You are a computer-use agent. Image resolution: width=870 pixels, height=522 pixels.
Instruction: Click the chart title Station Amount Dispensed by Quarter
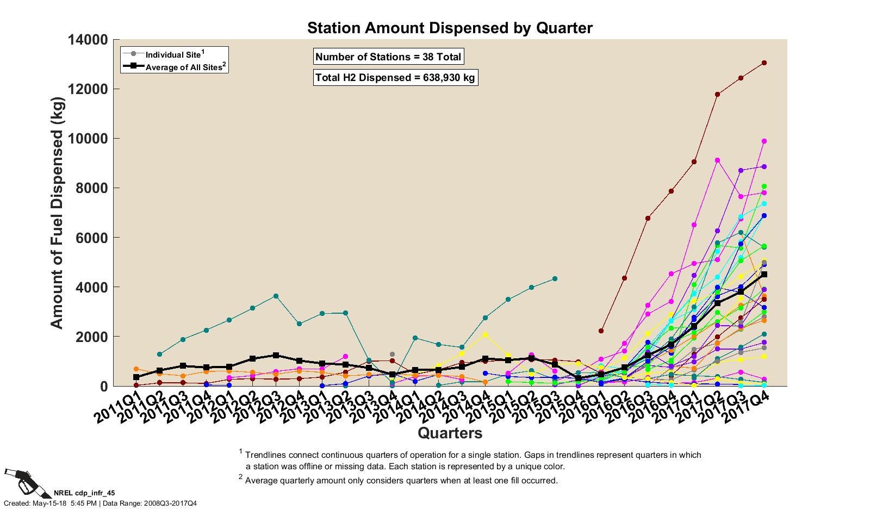pos(450,28)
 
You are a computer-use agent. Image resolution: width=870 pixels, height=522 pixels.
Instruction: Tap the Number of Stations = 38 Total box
pos(388,57)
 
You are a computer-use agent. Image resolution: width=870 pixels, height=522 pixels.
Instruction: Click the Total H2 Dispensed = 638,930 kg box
pos(395,78)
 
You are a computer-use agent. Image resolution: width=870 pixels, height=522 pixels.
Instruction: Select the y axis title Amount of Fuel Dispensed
pos(57,213)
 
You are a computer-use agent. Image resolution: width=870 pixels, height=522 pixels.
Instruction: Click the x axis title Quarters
pos(450,433)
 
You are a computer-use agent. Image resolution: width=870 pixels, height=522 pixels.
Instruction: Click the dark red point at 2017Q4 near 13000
pos(764,63)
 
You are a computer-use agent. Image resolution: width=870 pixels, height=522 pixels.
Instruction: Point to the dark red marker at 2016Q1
pos(601,331)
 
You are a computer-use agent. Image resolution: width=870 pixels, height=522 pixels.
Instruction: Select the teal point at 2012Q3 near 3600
pos(276,296)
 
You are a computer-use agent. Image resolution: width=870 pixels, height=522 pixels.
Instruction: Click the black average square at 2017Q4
pos(764,275)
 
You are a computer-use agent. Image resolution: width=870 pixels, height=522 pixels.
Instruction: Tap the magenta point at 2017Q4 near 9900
pos(764,141)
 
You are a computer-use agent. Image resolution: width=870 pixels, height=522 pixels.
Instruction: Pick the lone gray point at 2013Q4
pos(392,355)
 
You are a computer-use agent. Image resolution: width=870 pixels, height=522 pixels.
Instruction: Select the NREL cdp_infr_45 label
pos(84,493)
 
